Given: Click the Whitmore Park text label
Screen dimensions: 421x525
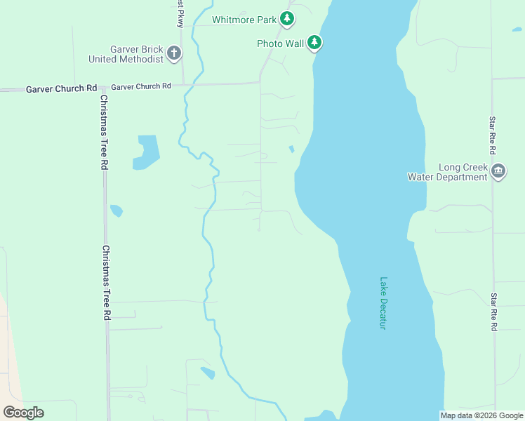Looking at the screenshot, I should [244, 20].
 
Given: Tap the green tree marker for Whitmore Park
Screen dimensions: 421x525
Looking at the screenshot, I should [286, 18].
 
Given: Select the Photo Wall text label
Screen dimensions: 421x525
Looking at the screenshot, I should [280, 44].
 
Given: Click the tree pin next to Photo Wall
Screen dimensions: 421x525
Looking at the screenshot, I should [314, 43].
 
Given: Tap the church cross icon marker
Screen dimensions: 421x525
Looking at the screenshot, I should [174, 53].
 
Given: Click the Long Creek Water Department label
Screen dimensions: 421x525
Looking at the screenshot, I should [447, 173].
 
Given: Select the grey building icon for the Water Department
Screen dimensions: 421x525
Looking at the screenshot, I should [498, 171].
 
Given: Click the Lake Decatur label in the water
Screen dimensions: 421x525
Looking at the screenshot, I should [383, 302].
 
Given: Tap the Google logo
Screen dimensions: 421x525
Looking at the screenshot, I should [23, 412].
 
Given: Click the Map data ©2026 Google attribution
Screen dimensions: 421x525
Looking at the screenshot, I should [481, 415].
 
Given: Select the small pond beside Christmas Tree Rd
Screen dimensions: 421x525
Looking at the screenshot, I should [117, 210].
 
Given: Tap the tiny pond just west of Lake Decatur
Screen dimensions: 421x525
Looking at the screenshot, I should [291, 149].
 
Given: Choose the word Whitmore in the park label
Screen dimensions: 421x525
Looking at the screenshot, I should [233, 20].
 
